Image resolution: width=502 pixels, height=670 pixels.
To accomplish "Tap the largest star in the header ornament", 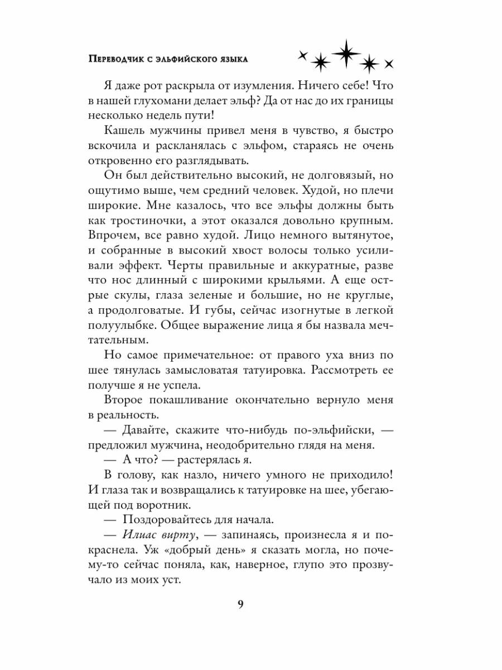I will (x=345, y=52).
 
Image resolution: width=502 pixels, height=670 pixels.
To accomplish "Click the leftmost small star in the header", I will (x=303, y=55).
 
